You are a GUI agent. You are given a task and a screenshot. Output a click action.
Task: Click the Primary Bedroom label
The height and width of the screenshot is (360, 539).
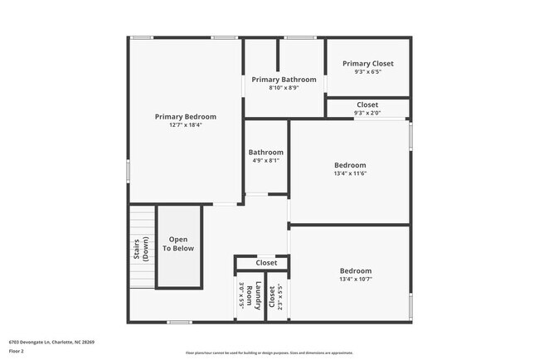[x=185, y=117]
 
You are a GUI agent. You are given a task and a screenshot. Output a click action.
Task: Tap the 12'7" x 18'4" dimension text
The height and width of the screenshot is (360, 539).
[x=185, y=125]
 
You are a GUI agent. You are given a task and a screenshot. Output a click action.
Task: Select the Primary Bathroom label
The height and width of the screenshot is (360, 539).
[x=284, y=80]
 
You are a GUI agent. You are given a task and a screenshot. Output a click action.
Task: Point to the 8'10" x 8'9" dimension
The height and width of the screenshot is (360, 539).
[x=284, y=87]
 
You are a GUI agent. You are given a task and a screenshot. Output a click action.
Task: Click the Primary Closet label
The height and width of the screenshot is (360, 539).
[x=367, y=63]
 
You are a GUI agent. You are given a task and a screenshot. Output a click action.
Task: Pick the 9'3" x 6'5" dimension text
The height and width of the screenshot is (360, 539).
[x=367, y=71]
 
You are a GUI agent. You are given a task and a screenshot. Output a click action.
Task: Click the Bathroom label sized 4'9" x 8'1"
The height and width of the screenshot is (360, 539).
[x=265, y=153]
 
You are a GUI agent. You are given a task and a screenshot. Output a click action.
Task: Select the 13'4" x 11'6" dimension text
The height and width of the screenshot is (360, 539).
[x=349, y=173]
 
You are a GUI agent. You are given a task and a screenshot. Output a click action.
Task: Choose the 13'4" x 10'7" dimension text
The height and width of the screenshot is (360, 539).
[x=355, y=280]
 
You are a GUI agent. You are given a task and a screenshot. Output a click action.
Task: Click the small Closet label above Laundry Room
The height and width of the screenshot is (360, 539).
[x=266, y=263]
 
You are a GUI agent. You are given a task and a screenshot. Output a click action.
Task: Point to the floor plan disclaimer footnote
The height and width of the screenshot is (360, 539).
[x=269, y=353]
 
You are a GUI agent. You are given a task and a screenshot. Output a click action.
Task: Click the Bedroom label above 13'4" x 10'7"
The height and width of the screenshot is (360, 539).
[x=355, y=271]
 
